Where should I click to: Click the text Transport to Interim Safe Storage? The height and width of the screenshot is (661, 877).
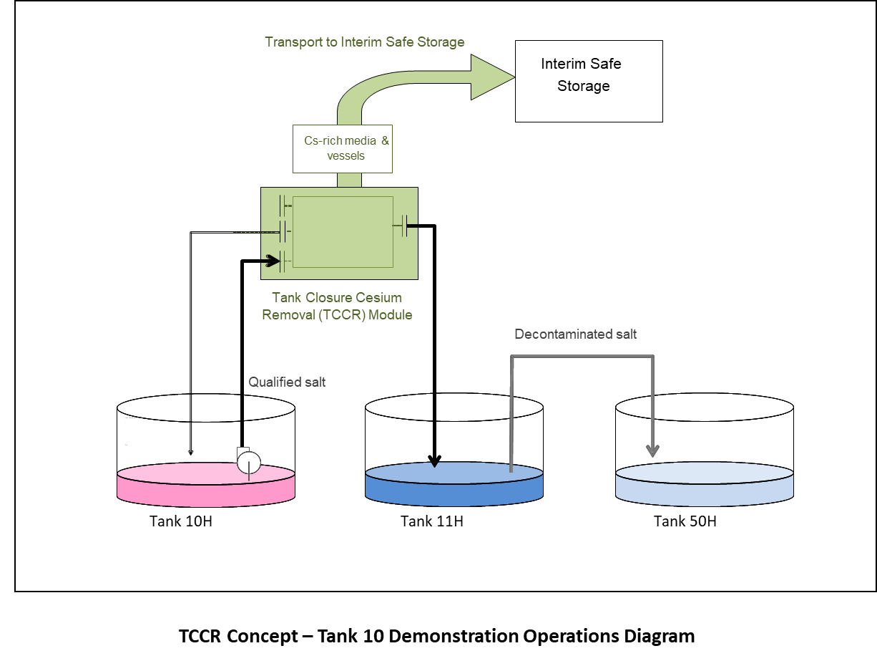365,42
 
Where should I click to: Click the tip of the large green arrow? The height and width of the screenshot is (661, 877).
512,77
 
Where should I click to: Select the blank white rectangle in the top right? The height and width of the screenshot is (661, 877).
758,78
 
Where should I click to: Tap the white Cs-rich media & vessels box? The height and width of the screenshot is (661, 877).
343,148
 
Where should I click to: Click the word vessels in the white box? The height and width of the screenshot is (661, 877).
346,156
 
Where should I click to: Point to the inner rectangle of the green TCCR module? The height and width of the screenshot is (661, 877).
343,231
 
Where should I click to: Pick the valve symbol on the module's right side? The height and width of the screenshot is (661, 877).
405,226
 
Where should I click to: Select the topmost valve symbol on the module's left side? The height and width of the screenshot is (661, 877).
284,206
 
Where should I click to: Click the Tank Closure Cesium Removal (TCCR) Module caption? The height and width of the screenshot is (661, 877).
337,306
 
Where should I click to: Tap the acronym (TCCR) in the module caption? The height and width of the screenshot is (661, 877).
333,314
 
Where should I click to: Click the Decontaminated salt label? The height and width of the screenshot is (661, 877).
575,334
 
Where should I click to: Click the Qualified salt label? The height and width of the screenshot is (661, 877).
286,382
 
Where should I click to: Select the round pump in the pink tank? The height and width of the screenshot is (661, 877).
249,462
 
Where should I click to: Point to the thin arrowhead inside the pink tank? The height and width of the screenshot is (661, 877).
190,451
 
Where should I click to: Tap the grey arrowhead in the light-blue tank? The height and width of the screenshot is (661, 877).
652,450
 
